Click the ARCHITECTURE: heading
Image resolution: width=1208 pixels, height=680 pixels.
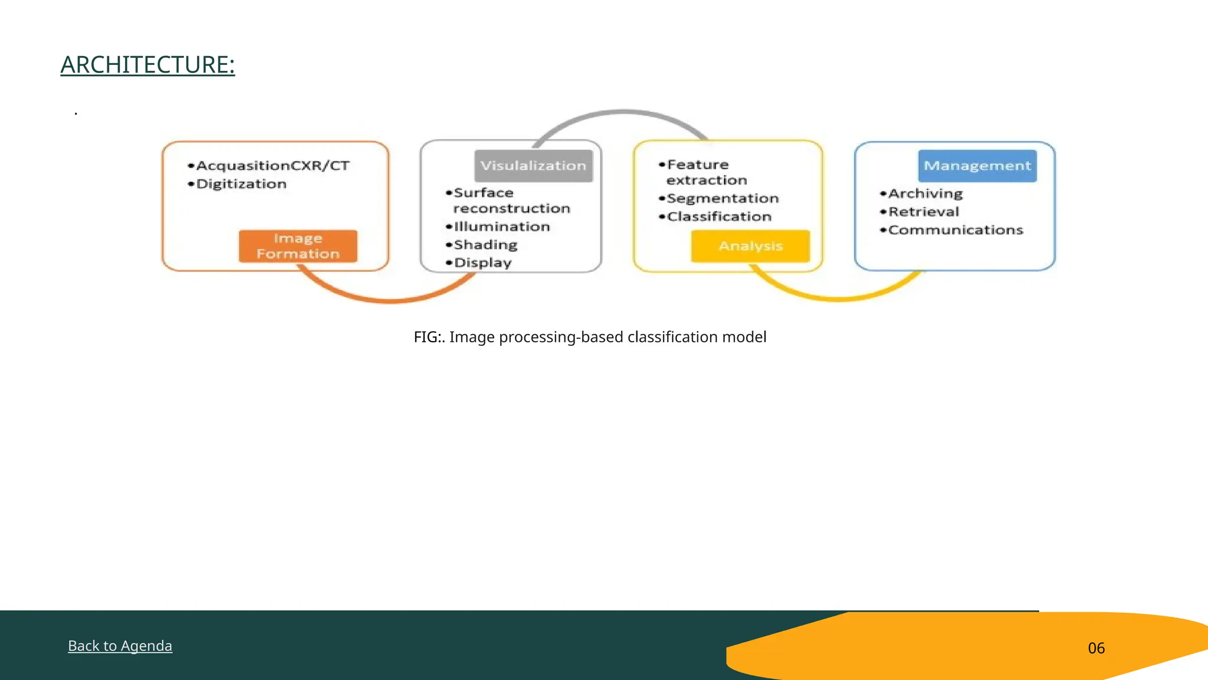pos(147,65)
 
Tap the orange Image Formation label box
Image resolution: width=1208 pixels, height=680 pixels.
pos(298,246)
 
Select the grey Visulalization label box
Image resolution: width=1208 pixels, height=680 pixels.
pos(533,166)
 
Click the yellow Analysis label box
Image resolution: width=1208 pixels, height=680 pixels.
pos(750,246)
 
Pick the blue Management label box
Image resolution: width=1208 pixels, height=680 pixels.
pos(977,166)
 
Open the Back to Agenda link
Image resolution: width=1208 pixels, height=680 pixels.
pos(120,646)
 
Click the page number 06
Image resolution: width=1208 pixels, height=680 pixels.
pos(1096,648)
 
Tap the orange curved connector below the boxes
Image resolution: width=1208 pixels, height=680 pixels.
pos(389,300)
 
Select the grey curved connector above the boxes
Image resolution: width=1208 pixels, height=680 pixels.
pos(623,112)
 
